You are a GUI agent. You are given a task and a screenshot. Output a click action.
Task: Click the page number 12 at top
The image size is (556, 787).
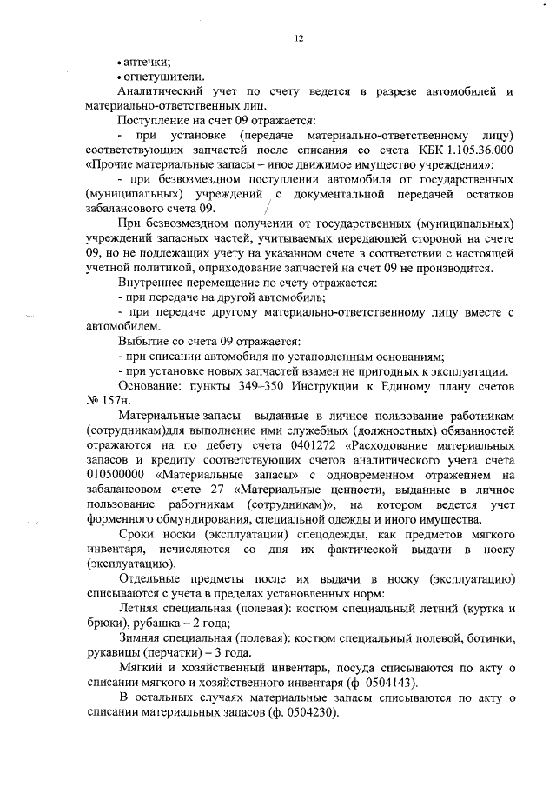(x=298, y=37)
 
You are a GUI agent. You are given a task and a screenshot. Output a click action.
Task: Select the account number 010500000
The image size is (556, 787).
(x=117, y=475)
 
